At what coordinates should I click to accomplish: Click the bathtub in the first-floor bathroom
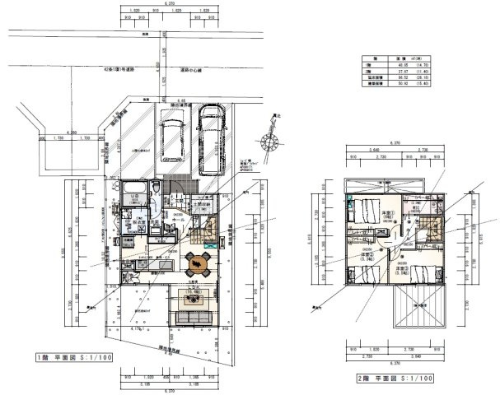pos(151,193)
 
